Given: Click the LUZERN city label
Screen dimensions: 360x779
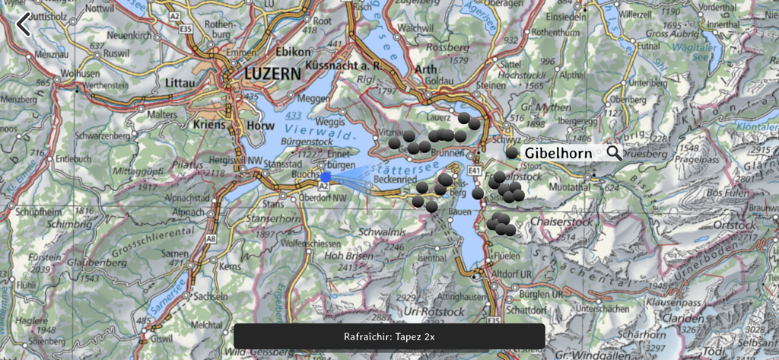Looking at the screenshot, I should pos(273,74).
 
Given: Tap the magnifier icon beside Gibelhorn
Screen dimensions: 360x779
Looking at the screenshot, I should pos(613,153).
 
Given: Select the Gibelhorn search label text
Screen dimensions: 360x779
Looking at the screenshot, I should pos(558,153).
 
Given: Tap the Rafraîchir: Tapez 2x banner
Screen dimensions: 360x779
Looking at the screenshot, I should pos(389,336).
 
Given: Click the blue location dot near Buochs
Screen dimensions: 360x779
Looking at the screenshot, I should pos(326,177).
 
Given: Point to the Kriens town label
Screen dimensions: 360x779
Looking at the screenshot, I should pos(211,124).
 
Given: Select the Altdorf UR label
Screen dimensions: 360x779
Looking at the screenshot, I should pos(510,272).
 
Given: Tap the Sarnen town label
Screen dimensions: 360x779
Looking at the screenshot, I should pos(175,253).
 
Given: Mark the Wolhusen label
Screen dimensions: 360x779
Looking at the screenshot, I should pos(80,73).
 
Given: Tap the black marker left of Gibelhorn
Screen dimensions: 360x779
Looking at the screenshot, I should pos(512,153).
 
